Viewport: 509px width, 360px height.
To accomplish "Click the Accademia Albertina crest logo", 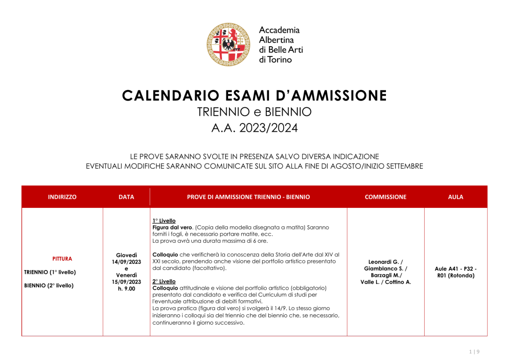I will point(229,44).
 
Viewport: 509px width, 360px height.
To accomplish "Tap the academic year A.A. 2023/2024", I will point(254,128).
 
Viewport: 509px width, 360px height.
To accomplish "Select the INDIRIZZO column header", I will point(62,197).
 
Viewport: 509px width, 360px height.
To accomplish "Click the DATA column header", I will point(126,197).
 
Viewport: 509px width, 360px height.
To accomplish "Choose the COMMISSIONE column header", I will point(386,197).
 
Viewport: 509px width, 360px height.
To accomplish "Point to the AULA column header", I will point(456,197).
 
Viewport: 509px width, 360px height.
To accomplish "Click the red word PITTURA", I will point(62,259).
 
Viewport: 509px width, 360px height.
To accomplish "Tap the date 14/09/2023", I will point(126,262).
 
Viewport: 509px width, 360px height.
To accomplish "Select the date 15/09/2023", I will point(126,282).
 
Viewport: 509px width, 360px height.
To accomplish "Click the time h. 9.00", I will point(126,288).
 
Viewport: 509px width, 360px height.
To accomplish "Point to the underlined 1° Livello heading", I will point(164,221).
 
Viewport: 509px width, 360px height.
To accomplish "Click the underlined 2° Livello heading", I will point(164,281).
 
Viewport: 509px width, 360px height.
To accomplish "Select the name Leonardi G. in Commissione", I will point(386,262).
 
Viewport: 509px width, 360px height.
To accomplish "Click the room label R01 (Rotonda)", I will point(456,276).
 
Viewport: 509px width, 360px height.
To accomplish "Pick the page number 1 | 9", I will point(475,352).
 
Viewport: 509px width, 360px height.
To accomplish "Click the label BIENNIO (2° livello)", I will point(49,285).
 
